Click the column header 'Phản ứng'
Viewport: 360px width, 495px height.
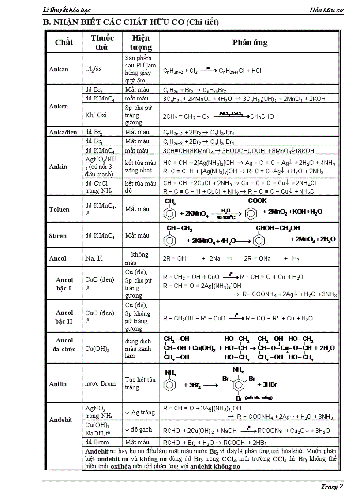coord(250,43)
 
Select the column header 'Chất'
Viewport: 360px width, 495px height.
coord(64,43)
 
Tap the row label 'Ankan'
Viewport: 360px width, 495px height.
coord(59,69)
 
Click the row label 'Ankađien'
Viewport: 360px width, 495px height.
coord(63,132)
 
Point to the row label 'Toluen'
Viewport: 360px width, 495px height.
coord(59,209)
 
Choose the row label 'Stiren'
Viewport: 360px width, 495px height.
coord(58,236)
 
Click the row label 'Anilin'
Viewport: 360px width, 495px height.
coord(58,384)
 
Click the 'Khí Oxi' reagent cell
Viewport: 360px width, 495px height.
coord(96,115)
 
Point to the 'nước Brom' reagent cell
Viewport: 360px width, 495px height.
coord(100,383)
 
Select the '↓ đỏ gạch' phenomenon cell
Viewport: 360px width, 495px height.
coord(138,429)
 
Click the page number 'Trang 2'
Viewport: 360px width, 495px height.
coord(332,487)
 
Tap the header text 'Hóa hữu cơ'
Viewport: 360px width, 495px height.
coord(327,10)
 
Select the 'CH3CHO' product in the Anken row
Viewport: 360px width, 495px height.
coord(262,117)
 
